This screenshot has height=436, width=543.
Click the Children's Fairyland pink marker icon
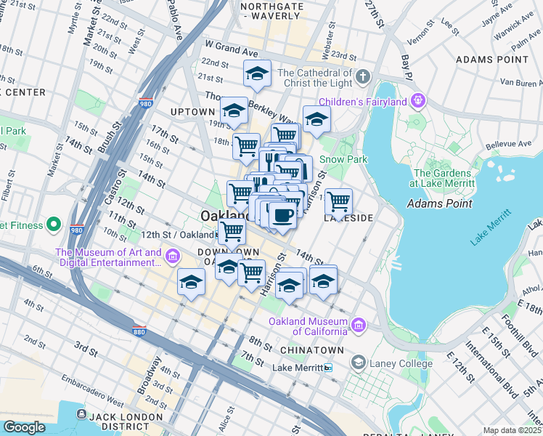417,101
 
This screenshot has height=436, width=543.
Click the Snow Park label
343,159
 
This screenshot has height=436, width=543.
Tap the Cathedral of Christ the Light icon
363,76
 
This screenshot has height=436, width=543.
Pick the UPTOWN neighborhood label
192,112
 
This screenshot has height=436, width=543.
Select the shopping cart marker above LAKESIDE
338,201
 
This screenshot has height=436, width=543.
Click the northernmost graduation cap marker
257,73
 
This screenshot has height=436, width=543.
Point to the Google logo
24,427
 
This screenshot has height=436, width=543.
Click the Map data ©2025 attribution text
511,430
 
